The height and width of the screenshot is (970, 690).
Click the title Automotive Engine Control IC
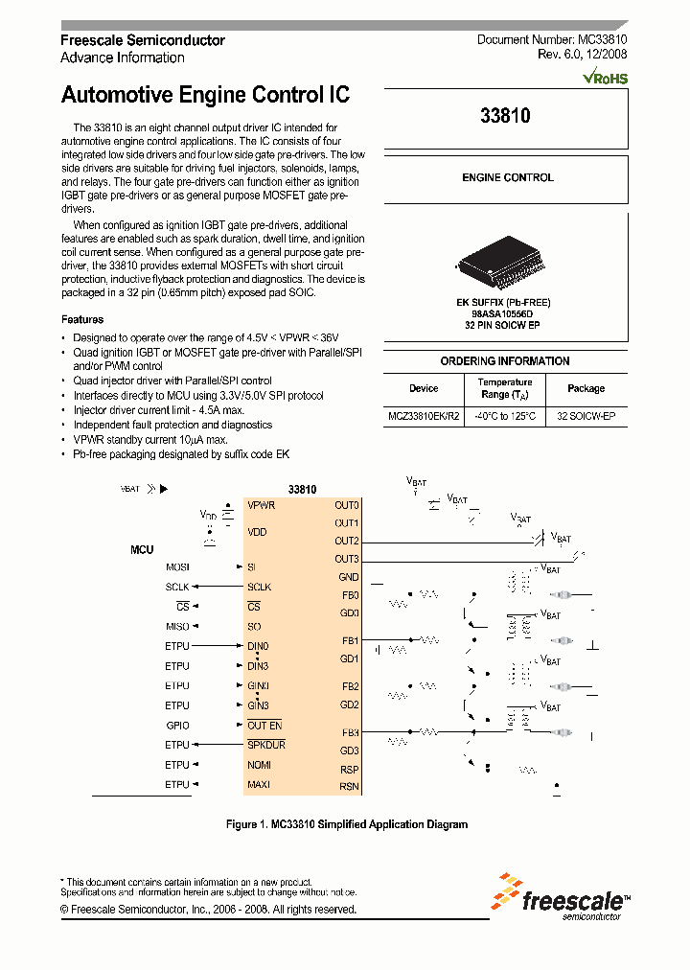pyautogui.click(x=205, y=95)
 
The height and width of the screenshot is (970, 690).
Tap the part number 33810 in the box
pyautogui.click(x=505, y=116)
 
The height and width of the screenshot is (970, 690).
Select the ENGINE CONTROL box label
pyautogui.click(x=507, y=178)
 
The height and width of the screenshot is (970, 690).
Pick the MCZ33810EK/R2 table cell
pyautogui.click(x=424, y=417)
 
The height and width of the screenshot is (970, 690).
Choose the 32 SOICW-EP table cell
pyautogui.click(x=586, y=417)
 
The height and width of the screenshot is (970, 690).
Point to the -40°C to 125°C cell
pyautogui.click(x=504, y=417)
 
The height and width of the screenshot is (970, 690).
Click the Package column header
pyautogui.click(x=586, y=388)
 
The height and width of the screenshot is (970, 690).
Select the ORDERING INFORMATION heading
pyautogui.click(x=505, y=361)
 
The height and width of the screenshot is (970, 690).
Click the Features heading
pyautogui.click(x=82, y=319)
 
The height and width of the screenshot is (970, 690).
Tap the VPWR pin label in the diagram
pyautogui.click(x=262, y=505)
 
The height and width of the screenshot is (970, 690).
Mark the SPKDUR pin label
pyautogui.click(x=266, y=745)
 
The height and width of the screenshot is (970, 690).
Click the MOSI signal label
pyautogui.click(x=177, y=567)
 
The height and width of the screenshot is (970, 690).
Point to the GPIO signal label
pyautogui.click(x=177, y=726)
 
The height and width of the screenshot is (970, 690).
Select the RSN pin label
pyautogui.click(x=349, y=787)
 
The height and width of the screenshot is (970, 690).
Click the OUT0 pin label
pyautogui.click(x=346, y=505)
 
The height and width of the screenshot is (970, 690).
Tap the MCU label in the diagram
pyautogui.click(x=142, y=550)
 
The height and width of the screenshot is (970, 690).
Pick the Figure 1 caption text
pyautogui.click(x=346, y=824)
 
